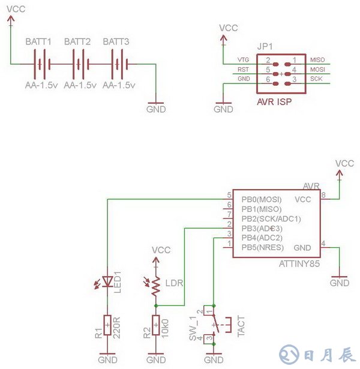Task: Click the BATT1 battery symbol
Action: pos(40,63)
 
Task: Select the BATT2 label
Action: pos(77,42)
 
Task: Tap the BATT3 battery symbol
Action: pos(118,63)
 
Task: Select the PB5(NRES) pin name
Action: pos(263,247)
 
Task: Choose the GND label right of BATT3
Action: pos(156,110)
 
